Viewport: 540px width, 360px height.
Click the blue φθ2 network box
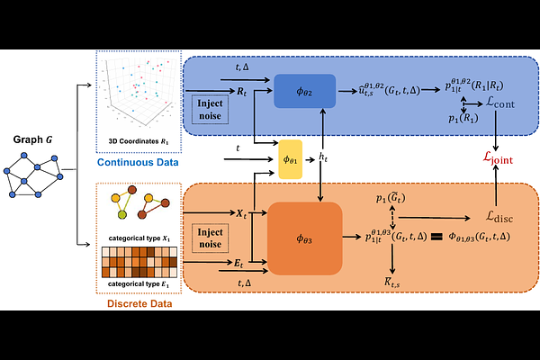click(x=305, y=91)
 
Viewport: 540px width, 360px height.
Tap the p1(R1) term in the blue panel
click(x=463, y=117)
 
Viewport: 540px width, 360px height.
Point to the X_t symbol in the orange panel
click(x=242, y=215)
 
